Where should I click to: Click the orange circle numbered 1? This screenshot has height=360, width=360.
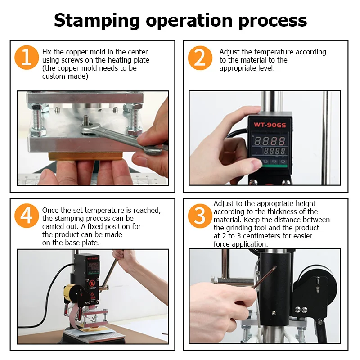click(x=27, y=58)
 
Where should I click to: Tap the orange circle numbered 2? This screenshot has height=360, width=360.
click(x=200, y=58)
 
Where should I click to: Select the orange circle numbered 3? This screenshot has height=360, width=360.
click(x=200, y=216)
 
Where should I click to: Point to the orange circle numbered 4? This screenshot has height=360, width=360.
click(x=27, y=216)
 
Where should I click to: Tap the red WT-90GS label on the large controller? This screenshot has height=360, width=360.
click(x=270, y=125)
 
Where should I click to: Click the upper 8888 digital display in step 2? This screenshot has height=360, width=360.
click(x=270, y=141)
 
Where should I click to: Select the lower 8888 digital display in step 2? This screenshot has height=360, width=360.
click(x=274, y=151)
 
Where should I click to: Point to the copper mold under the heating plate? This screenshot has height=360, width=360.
click(x=85, y=157)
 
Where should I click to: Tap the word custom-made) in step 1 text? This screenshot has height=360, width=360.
click(x=65, y=76)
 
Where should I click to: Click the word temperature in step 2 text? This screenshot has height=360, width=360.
click(x=274, y=52)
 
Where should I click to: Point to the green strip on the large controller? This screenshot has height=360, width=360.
click(x=274, y=166)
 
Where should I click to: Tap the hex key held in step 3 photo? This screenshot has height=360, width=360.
click(x=264, y=278)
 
